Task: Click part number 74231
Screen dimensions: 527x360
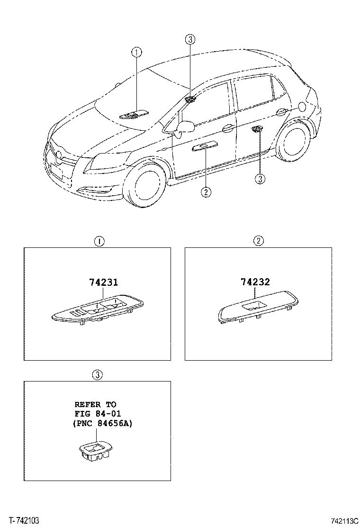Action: tap(103, 283)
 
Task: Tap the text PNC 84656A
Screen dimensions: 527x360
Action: tap(103, 424)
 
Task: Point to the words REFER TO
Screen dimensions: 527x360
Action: tap(95, 404)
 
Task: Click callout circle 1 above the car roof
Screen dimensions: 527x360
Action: tap(136, 53)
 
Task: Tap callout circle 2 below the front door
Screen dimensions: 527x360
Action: tap(206, 191)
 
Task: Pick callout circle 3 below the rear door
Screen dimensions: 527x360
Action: tap(260, 179)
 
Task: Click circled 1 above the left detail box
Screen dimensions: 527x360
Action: tap(99, 241)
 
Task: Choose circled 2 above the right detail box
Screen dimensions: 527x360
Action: tap(258, 241)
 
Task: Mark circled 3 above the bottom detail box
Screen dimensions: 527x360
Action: tap(97, 375)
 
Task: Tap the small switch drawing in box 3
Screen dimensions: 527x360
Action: tap(94, 451)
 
